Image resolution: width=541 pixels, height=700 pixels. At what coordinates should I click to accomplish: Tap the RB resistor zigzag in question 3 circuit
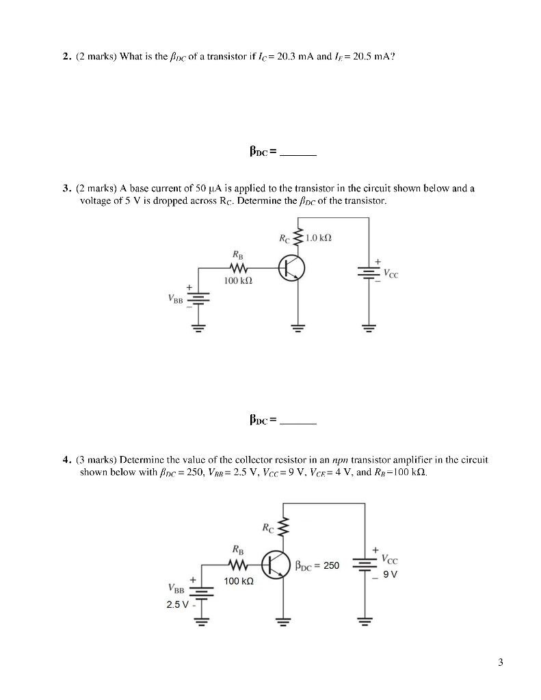coord(240,268)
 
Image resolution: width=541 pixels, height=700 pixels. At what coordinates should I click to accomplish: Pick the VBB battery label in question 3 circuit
coord(175,298)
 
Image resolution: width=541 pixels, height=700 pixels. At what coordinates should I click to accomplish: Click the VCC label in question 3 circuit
coord(391,274)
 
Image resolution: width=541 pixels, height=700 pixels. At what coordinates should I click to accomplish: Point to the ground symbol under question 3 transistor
coord(298,327)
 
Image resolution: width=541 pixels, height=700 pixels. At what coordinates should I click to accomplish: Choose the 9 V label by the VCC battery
coord(389,574)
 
